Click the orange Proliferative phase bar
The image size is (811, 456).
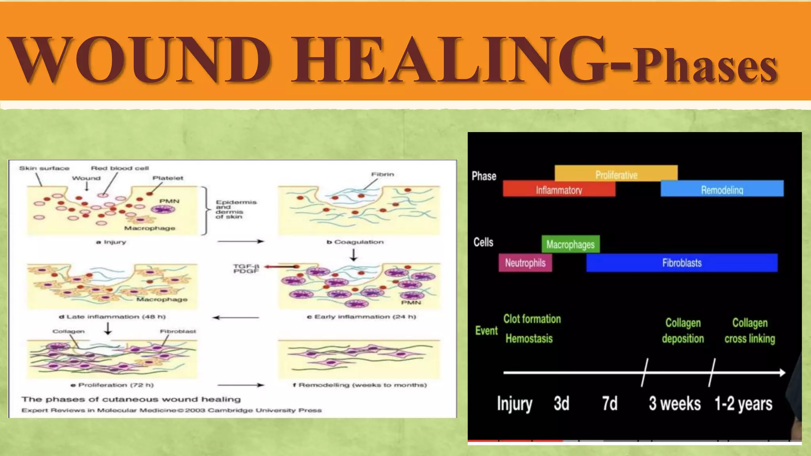pos(616,173)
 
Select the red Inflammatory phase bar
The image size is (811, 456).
pos(559,189)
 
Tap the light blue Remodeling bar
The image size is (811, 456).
pos(722,189)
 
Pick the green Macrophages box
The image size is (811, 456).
pos(571,244)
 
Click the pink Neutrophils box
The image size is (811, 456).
pos(525,263)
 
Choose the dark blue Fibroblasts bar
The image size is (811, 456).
pos(682,263)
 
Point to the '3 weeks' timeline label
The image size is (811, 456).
pos(674,404)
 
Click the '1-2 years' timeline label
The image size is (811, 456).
pos(743,404)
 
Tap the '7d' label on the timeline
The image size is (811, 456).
pos(610,404)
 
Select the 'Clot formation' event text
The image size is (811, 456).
pos(532,319)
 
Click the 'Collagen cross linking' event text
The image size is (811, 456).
pos(750,331)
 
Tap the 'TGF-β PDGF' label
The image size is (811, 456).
pos(246,269)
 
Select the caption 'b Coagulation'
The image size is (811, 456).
pos(355,242)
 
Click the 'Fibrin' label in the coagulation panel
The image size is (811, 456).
pos(383,174)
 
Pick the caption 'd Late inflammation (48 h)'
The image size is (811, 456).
pos(112,317)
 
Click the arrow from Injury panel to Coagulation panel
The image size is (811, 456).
pos(241,241)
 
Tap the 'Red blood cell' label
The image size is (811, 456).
pos(120,168)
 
